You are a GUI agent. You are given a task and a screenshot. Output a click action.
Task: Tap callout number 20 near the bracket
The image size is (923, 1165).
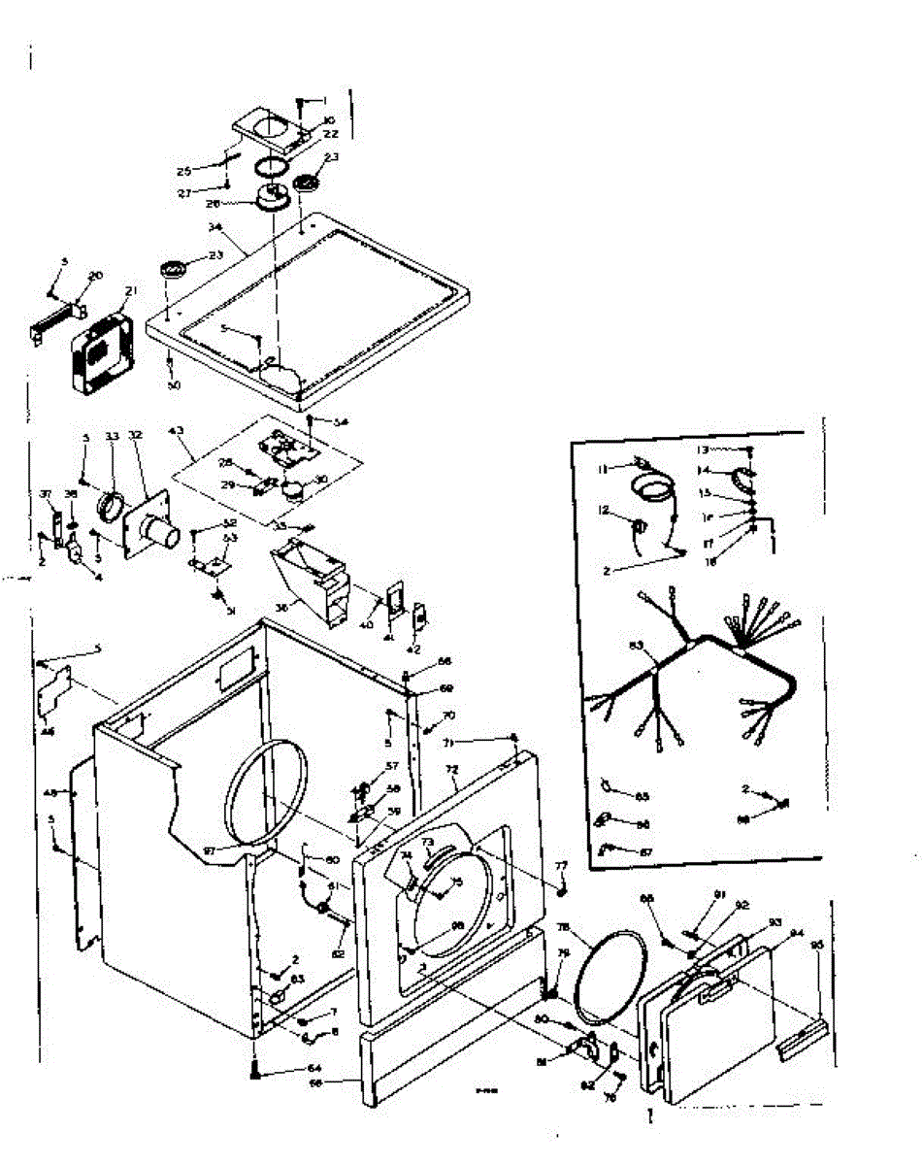95,276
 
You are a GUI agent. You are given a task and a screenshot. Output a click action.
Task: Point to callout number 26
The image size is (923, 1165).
213,204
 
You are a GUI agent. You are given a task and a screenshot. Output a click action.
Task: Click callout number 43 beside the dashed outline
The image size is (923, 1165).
179,431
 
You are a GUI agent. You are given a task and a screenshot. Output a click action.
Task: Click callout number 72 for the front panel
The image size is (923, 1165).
450,768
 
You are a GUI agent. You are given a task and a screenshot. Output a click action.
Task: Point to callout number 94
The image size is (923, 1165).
796,934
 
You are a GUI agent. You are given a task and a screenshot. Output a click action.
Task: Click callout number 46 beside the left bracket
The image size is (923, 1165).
48,731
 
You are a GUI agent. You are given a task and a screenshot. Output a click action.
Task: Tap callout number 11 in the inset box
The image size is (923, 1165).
603,469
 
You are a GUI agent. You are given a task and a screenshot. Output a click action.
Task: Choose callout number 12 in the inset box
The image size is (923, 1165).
603,510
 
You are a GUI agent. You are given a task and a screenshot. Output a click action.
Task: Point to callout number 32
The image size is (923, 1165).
136,436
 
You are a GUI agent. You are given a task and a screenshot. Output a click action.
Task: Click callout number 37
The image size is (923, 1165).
46,494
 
